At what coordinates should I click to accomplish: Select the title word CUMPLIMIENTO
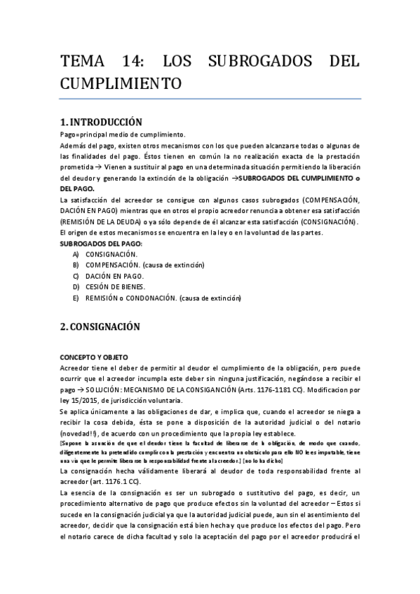click(121, 84)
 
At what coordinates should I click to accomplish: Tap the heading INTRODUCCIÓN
click(106, 122)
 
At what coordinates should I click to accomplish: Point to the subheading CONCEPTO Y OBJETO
click(94, 357)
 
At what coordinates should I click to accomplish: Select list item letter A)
click(75, 254)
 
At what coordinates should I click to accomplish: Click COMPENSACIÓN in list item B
click(111, 265)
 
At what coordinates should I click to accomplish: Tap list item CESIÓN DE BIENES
click(116, 287)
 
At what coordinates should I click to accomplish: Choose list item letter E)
click(75, 298)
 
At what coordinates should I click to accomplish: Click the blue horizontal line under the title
click(210, 99)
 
